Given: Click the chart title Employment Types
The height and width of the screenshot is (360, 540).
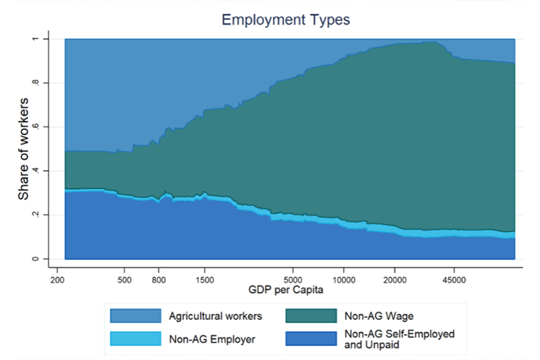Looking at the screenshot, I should tap(285, 20).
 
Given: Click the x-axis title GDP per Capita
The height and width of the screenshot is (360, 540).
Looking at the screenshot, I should tap(285, 290).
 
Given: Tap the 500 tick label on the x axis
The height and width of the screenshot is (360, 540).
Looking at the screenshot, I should tap(124, 278).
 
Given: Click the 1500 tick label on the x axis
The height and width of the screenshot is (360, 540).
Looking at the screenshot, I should tap(205, 278).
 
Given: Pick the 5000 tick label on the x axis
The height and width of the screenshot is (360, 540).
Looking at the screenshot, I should tap(293, 278).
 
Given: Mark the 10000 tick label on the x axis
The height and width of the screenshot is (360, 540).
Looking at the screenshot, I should tap(344, 278).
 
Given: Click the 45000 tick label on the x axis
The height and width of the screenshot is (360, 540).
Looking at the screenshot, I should tap(454, 278).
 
